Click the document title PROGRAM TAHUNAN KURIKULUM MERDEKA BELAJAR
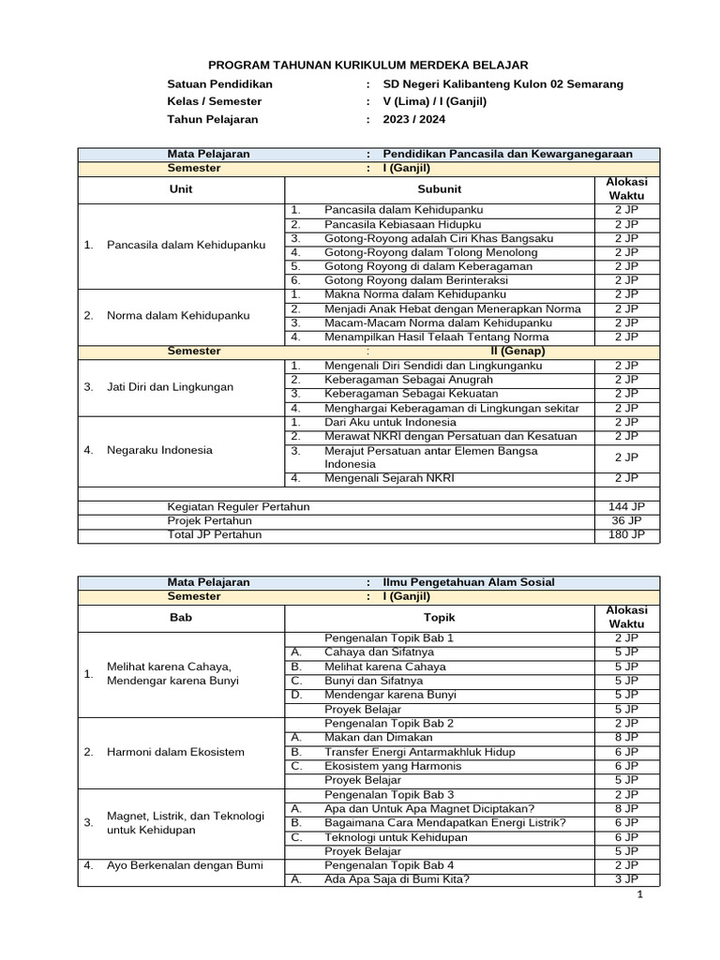coord(367,65)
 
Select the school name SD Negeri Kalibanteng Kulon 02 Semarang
coord(503,84)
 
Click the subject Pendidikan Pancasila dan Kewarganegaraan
coord(507,154)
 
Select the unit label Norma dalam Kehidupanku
coord(178,315)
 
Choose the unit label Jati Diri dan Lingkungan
coord(171,386)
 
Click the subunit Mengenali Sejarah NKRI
coord(389,478)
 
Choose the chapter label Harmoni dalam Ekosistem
coord(175,752)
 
